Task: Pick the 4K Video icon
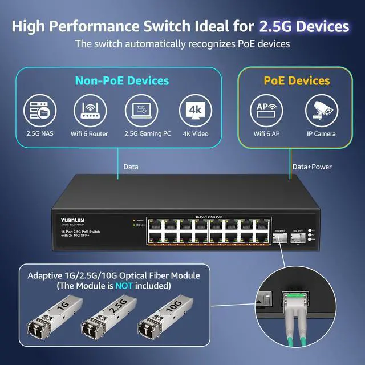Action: click(194, 111)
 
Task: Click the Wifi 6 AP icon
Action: click(267, 111)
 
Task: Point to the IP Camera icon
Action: click(322, 111)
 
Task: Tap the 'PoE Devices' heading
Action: click(297, 81)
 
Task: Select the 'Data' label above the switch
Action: click(131, 167)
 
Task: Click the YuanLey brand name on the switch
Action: click(71, 218)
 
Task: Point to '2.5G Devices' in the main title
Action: click(303, 26)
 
